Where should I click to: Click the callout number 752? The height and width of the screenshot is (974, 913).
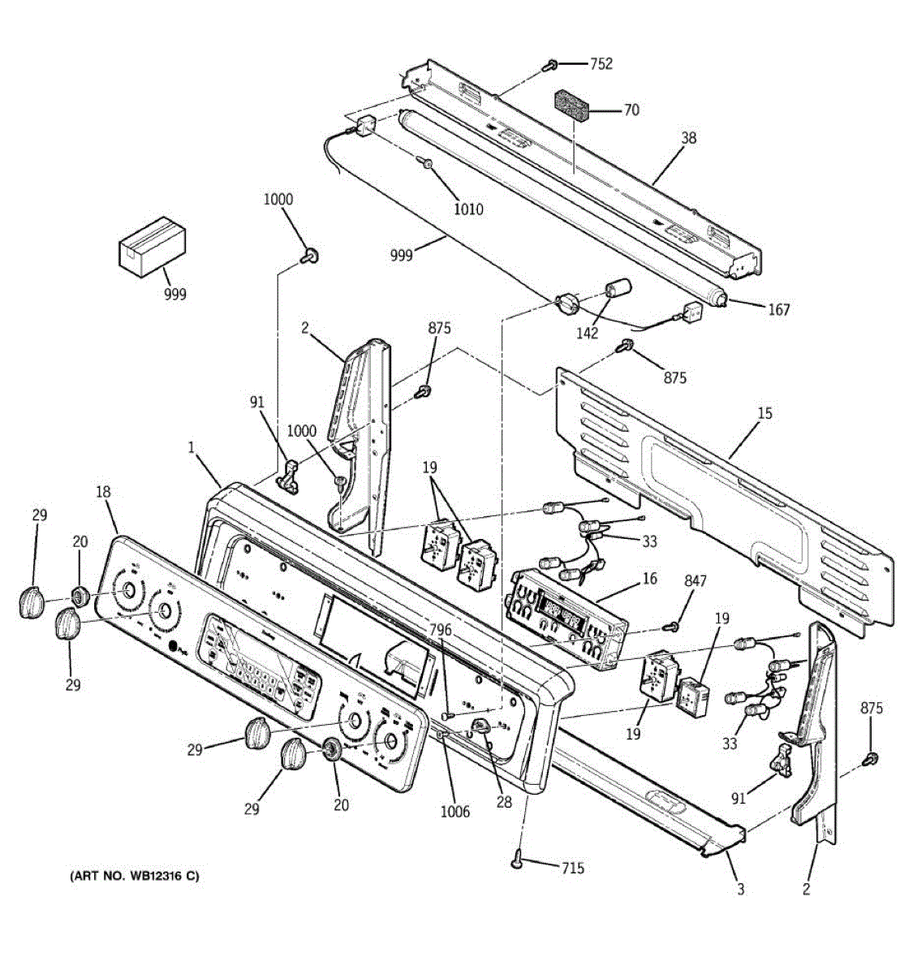click(601, 63)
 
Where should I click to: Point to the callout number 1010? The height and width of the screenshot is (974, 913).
click(467, 209)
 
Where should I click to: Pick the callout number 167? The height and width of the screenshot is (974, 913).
click(778, 309)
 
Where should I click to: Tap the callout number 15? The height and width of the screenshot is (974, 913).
click(764, 413)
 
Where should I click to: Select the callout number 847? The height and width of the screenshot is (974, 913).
click(696, 580)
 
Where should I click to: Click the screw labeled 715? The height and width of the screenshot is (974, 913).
click(517, 864)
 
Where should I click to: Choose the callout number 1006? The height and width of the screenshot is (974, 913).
click(454, 811)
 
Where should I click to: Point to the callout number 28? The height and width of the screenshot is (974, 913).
click(504, 802)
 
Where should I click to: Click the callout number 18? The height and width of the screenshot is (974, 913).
click(103, 492)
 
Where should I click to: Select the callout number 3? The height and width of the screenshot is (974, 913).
click(740, 889)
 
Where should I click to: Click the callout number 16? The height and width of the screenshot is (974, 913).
click(649, 578)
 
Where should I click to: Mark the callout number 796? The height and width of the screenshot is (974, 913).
click(441, 630)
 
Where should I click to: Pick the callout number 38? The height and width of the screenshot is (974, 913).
click(688, 138)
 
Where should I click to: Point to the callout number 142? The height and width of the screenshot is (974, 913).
click(587, 332)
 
